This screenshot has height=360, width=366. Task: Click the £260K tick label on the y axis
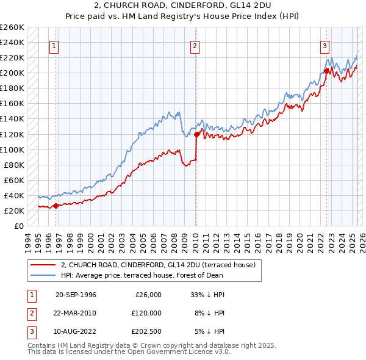coord(12,27)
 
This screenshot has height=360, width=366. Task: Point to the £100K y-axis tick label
coord(12,149)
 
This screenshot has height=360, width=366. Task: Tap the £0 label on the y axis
coord(18,226)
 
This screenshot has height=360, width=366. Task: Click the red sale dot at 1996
coord(56,206)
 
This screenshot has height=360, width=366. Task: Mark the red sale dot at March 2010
coord(196,134)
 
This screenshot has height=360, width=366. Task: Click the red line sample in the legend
coord(43,265)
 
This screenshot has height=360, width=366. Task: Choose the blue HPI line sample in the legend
coord(43,275)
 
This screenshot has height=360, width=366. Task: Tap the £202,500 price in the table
coord(145,331)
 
